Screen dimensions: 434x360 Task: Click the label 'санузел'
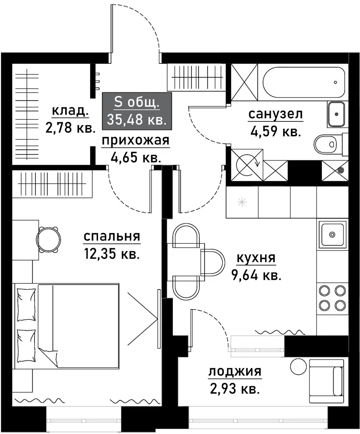[x=276, y=115]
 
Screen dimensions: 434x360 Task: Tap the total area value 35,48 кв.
[x=137, y=119]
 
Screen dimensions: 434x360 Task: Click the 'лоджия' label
[x=235, y=372]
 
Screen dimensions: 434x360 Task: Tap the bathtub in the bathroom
[x=301, y=82]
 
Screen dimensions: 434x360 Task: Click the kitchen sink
[x=332, y=234]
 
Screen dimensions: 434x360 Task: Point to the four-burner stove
[x=332, y=298]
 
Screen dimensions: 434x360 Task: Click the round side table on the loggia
[x=298, y=366]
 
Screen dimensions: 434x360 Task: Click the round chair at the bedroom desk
[x=49, y=240]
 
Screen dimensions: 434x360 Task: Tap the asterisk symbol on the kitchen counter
[x=242, y=202]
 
